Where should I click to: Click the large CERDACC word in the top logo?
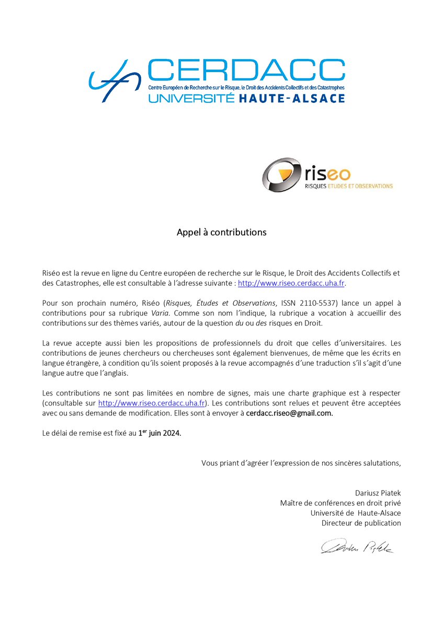point(246,71)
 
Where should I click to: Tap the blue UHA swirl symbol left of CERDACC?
point(113,81)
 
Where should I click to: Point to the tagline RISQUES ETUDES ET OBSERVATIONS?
point(348,185)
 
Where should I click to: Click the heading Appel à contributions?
point(221,232)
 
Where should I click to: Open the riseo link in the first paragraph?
point(291,283)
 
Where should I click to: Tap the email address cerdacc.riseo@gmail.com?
point(289,413)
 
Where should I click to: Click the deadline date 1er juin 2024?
point(160,433)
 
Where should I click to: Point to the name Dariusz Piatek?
point(378,493)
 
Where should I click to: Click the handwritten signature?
point(357,547)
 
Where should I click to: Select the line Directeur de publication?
point(361,522)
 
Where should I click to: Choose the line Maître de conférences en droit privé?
point(340,503)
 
